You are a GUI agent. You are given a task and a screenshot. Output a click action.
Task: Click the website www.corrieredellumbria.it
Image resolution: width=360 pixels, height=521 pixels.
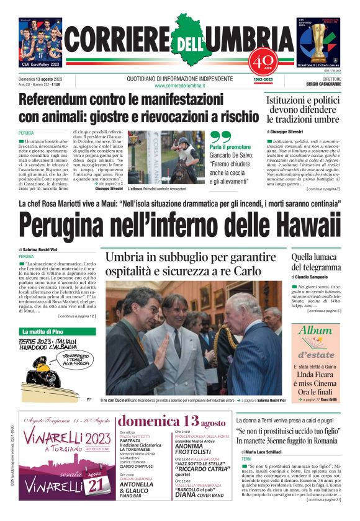(180, 85)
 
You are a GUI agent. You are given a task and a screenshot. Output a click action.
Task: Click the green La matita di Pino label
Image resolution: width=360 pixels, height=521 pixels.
(43, 332)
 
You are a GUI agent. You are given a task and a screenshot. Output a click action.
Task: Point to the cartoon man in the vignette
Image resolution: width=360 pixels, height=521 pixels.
(47, 372)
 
